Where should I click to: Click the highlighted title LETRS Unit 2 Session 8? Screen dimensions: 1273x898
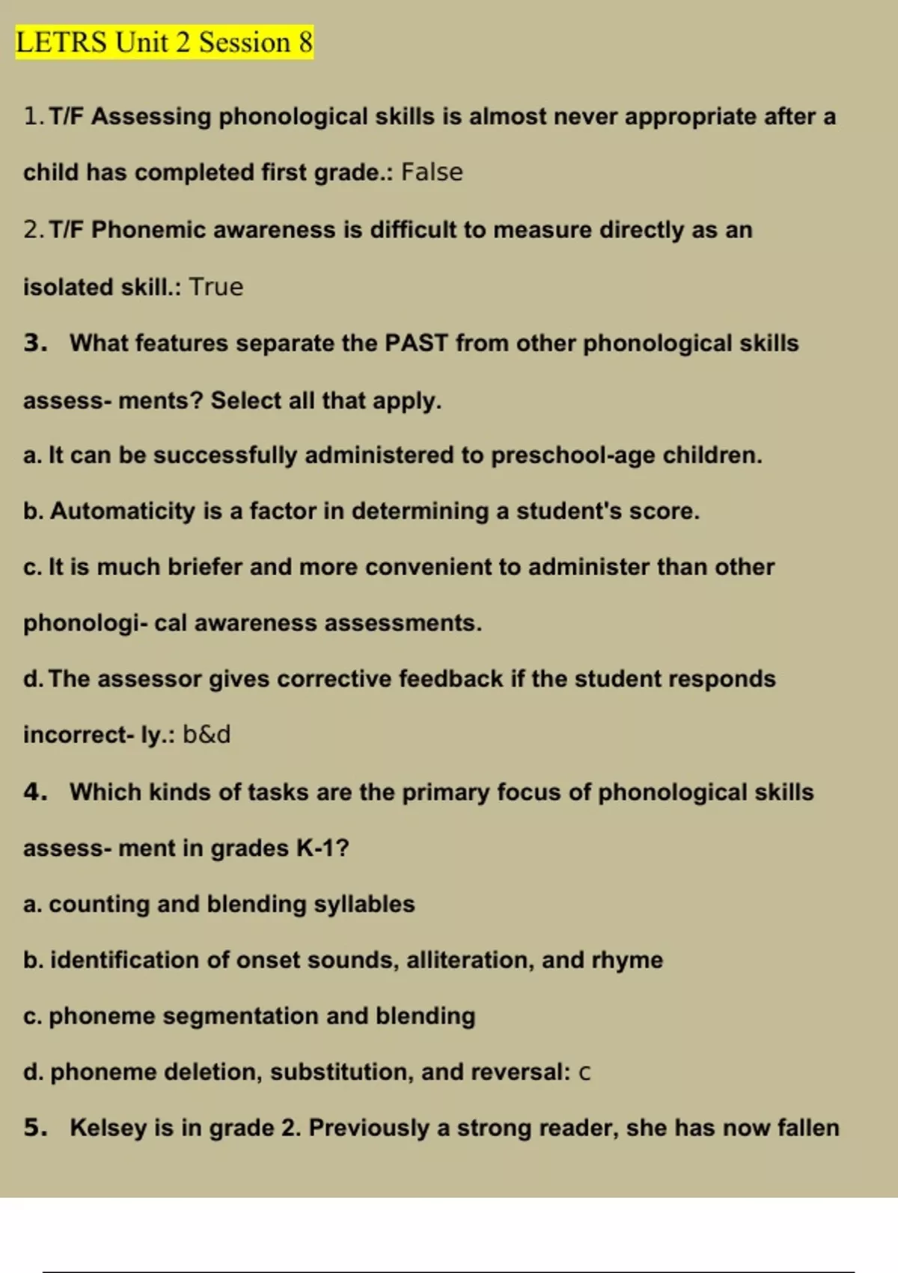(x=164, y=42)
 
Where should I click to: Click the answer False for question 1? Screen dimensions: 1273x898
(x=432, y=172)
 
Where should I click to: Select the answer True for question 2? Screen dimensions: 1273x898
(x=216, y=287)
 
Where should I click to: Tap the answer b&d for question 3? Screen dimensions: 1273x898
(x=207, y=735)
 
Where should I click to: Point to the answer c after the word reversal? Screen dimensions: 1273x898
(x=584, y=1072)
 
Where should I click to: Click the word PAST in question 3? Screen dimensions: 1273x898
(x=415, y=343)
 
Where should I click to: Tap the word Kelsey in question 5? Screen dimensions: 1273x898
(x=108, y=1128)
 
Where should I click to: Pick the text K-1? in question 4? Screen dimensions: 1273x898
(x=323, y=848)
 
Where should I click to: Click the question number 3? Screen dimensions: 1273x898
(x=34, y=343)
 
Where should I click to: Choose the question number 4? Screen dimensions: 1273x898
(x=34, y=792)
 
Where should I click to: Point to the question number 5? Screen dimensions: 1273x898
(x=34, y=1128)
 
